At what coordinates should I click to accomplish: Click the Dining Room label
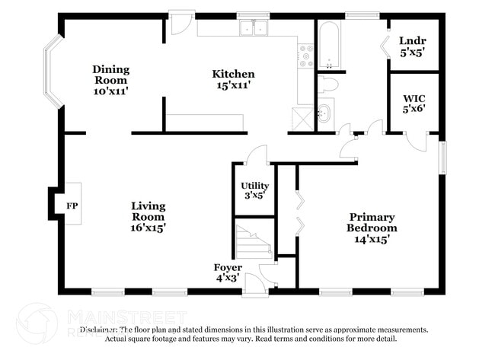111,80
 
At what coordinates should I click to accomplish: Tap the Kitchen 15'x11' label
233,80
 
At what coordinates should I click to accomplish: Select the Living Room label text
148,216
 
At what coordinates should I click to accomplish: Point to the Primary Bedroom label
372,228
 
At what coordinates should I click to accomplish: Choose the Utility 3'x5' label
254,191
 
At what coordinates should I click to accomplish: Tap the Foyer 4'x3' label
228,273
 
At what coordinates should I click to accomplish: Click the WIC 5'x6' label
414,104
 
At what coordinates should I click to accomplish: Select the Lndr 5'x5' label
412,46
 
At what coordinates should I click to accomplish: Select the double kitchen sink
254,29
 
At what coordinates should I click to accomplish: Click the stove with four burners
306,56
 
